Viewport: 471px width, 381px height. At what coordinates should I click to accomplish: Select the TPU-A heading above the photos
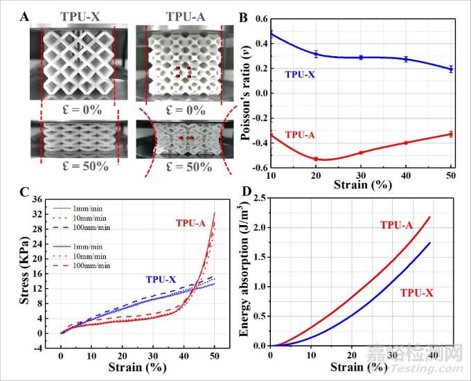pos(179,16)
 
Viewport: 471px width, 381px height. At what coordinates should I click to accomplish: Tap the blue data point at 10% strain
pos(270,33)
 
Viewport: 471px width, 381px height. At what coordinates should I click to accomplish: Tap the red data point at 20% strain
pos(316,159)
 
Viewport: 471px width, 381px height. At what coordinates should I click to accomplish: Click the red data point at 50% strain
pos(451,134)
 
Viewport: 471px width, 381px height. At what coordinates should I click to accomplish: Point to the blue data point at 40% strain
pos(406,59)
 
